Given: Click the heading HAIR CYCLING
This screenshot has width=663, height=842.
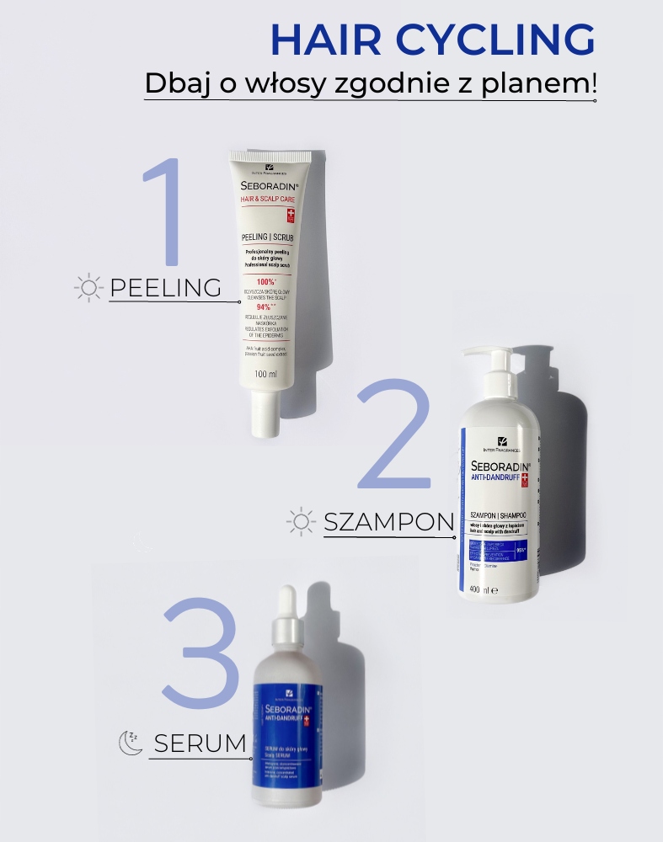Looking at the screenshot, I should [432, 40].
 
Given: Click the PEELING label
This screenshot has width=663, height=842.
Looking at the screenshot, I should [165, 288].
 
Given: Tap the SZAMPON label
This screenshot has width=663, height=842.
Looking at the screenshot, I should [388, 522].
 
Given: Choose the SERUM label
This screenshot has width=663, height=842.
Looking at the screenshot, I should [201, 743].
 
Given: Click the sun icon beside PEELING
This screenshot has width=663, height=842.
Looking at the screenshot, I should [88, 288].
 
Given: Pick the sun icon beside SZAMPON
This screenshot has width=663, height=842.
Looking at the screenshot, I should [301, 522].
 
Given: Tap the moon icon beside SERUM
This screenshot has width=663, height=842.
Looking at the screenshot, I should [129, 742].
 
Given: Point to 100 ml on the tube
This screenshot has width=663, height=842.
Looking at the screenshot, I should [265, 374].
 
